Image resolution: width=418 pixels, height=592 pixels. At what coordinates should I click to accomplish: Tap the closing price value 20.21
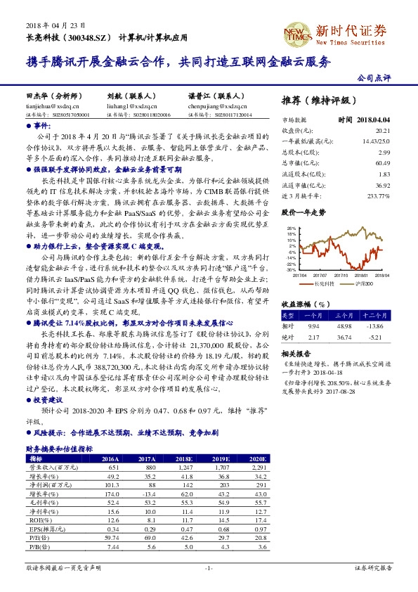(x=382, y=131)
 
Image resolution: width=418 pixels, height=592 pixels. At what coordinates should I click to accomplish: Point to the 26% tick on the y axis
(x=292, y=229)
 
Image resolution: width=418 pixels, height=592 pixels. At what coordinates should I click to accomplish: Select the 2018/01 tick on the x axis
(x=360, y=275)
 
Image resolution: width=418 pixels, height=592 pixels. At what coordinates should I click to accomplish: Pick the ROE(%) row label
(x=39, y=520)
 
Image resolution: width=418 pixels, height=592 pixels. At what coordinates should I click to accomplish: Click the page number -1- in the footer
(x=209, y=567)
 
